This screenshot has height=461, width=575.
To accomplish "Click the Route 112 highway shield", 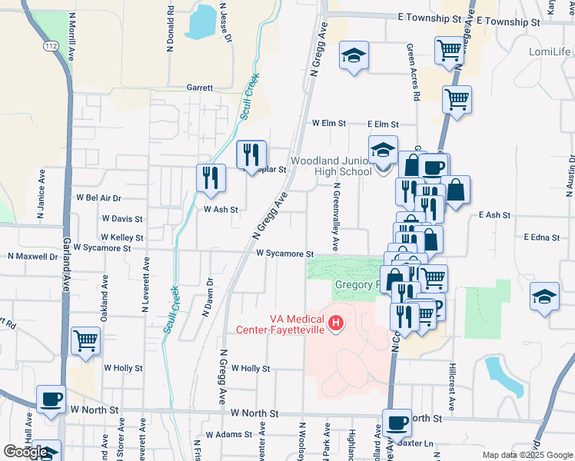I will (50, 47).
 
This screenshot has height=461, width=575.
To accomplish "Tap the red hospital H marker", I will (335, 325).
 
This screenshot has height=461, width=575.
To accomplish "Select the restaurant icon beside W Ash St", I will (211, 179).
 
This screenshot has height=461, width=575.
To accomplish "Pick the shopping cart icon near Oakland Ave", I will (85, 340).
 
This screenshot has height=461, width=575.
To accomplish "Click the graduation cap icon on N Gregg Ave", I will (354, 57).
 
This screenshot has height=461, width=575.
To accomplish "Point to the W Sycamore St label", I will (285, 254).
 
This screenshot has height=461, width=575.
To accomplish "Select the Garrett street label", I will (200, 88).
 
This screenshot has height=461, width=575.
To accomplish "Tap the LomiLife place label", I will (550, 51).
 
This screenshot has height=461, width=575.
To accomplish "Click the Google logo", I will (25, 452).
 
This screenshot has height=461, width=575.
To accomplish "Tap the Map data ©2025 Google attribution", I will (526, 455).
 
